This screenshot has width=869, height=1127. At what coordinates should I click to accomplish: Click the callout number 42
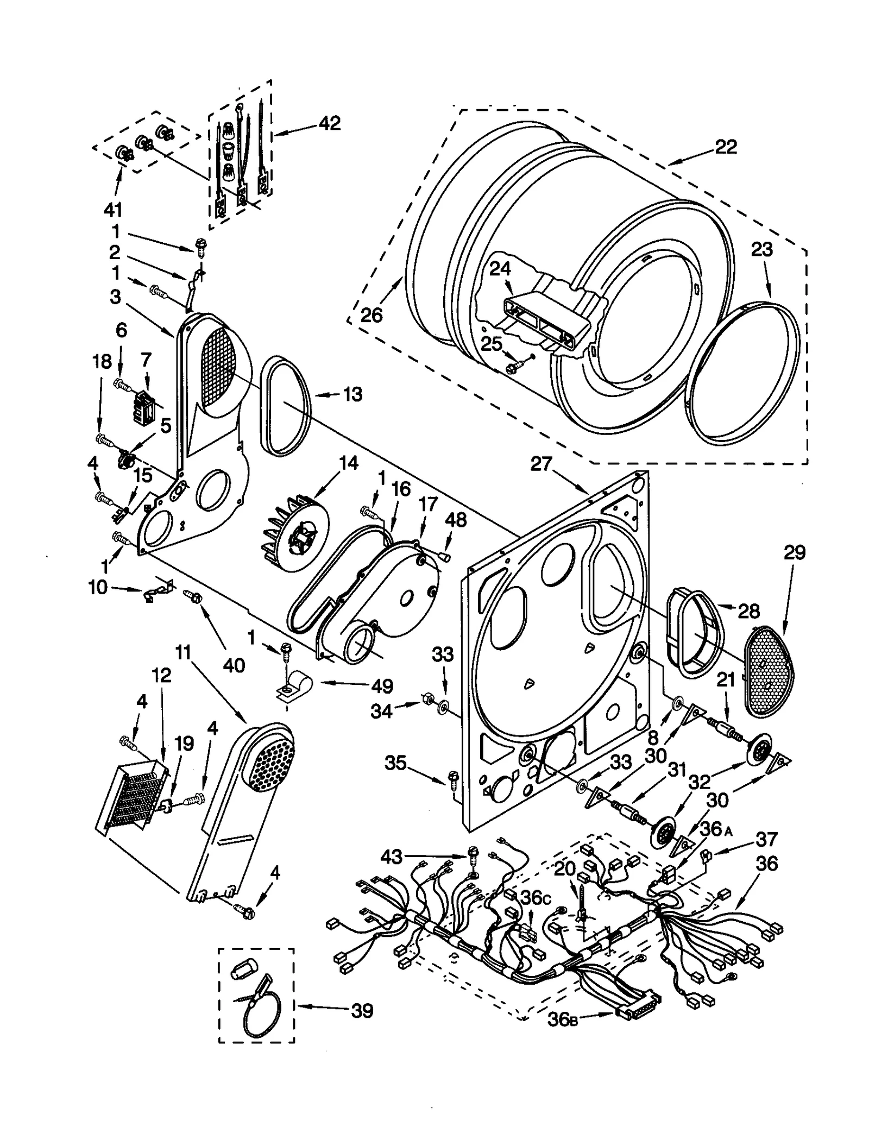[329, 123]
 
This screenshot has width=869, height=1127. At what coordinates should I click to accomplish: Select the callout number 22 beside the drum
[726, 147]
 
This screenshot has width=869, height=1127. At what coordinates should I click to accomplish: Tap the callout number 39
[362, 1011]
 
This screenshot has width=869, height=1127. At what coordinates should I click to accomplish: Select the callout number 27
[541, 464]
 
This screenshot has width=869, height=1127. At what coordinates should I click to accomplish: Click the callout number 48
[456, 520]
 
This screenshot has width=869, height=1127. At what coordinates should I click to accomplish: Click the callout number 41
[113, 209]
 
